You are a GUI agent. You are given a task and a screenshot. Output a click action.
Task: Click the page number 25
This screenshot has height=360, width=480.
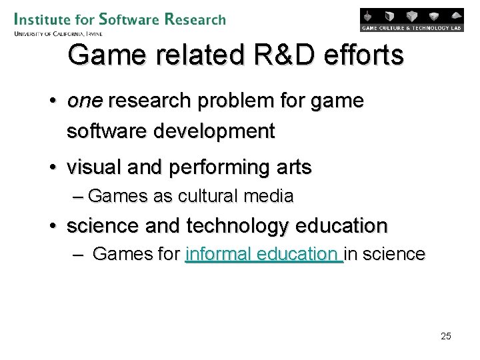pyautogui.click(x=446, y=336)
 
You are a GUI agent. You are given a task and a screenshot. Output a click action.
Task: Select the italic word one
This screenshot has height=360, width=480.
pyautogui.click(x=85, y=101)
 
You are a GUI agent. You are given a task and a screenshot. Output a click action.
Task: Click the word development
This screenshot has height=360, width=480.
pyautogui.click(x=214, y=131)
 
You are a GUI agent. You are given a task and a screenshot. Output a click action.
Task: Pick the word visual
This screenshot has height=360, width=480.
pyautogui.click(x=91, y=167)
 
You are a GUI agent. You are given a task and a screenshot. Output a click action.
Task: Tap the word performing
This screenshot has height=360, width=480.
pyautogui.click(x=211, y=167)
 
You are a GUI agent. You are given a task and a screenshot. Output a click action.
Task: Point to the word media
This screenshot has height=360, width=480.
pyautogui.click(x=269, y=196)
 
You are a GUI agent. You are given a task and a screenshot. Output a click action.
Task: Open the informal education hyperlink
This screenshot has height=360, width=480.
pyautogui.click(x=263, y=254)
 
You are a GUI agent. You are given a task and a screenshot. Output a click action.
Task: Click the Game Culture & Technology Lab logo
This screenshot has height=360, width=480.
pyautogui.click(x=411, y=19)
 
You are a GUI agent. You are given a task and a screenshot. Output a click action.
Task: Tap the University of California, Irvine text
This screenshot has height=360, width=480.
pyautogui.click(x=58, y=33)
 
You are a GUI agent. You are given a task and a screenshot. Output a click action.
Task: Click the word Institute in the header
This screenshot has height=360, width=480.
pyautogui.click(x=43, y=19)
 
